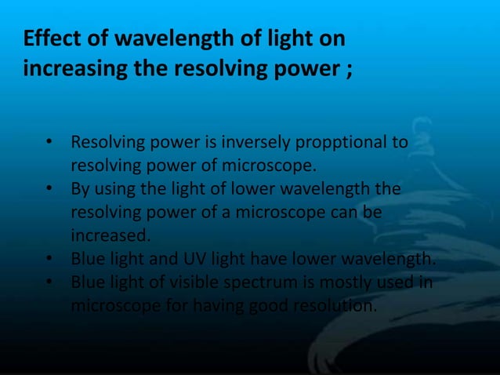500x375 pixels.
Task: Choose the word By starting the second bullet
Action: tap(80, 190)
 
